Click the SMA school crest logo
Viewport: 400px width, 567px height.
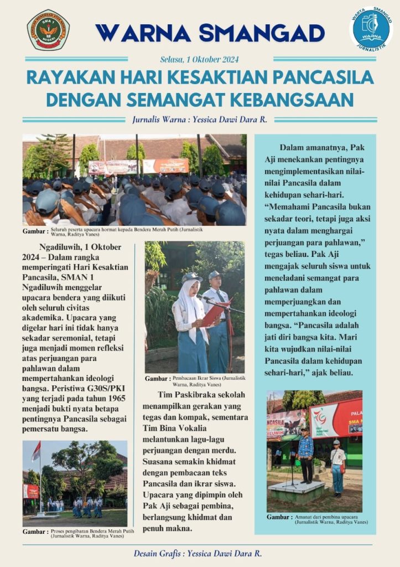point(48,29)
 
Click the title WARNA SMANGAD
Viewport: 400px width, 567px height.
point(210,33)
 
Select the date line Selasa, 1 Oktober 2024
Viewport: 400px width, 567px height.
point(199,59)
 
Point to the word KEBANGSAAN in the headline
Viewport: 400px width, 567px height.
point(300,100)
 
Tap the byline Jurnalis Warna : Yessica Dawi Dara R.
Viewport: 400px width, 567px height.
point(200,119)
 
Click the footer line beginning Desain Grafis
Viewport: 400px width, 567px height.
point(198,553)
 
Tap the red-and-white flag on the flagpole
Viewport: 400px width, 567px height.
point(36,451)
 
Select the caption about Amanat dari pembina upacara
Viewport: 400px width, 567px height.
point(330,519)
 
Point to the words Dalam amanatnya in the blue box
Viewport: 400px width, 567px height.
point(311,147)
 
